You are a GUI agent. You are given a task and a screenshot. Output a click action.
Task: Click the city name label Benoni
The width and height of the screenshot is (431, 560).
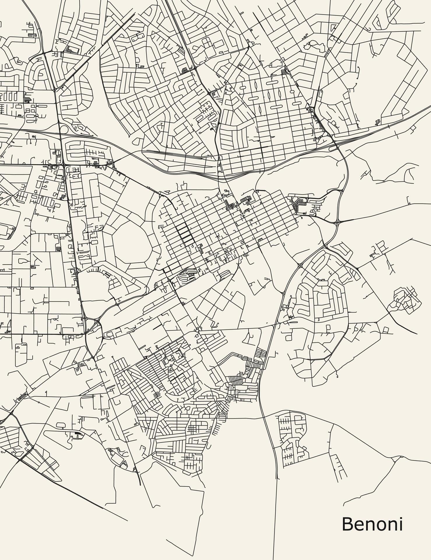pyautogui.click(x=372, y=524)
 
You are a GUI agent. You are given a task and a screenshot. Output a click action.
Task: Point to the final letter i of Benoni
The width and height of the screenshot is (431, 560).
pyautogui.click(x=401, y=524)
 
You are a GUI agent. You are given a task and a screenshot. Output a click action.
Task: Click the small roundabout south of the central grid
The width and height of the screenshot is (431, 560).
pyautogui.click(x=197, y=330)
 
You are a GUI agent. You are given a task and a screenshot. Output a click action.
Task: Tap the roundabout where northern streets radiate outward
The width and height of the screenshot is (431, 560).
pyautogui.click(x=233, y=111)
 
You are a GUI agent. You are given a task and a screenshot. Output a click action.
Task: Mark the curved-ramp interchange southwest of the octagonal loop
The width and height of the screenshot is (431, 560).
pyautogui.click(x=93, y=324)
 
